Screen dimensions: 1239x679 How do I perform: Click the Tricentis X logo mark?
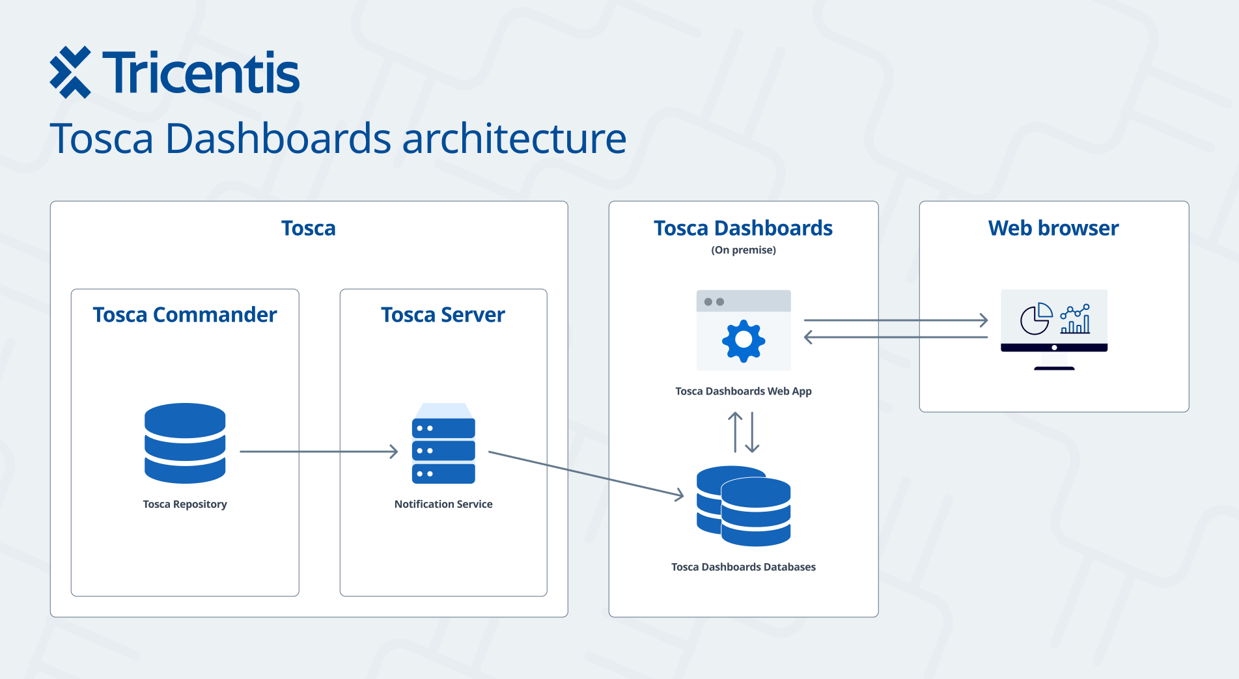[70, 72]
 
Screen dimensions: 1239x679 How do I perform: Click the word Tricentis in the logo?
[201, 73]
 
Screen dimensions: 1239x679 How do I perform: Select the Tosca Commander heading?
[185, 314]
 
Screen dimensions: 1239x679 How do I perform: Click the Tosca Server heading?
[443, 314]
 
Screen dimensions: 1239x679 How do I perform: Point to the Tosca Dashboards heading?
[743, 228]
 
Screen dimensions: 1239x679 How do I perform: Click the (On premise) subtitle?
[744, 250]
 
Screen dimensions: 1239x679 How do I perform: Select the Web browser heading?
[1053, 228]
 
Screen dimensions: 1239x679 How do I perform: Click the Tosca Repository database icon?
[185, 443]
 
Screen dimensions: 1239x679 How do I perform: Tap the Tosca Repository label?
[185, 504]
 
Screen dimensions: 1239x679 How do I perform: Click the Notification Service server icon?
[443, 443]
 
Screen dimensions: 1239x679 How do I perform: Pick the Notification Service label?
[443, 504]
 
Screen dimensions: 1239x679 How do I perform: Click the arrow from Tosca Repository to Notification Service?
[319, 451]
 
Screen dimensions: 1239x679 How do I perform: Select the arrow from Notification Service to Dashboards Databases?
[586, 474]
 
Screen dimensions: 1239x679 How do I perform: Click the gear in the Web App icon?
[744, 340]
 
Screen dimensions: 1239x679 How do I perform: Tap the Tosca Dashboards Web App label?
[744, 391]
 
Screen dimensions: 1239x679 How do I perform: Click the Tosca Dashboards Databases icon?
[744, 506]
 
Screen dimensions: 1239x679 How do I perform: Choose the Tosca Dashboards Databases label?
[744, 567]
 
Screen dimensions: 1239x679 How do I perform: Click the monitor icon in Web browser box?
[1054, 329]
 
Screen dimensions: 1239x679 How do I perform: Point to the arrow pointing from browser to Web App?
[896, 337]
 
